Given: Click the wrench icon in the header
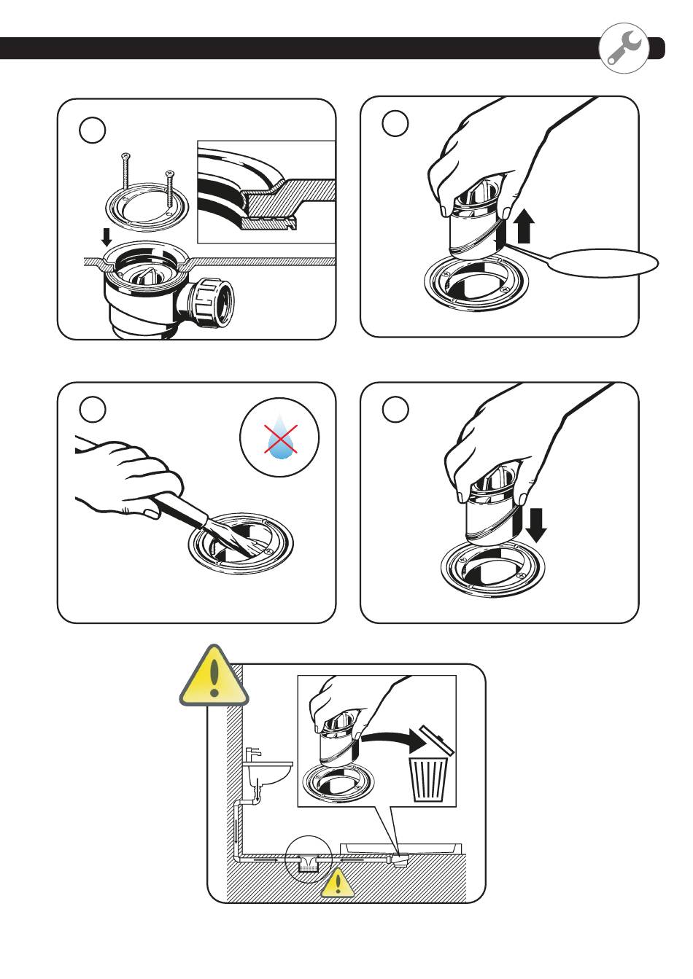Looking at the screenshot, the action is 624,47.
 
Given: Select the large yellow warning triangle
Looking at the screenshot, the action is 213,676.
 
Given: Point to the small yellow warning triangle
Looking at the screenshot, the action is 336,883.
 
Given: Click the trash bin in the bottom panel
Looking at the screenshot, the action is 430,777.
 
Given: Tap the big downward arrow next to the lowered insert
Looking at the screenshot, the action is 536,525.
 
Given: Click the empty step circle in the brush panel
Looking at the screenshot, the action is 93,409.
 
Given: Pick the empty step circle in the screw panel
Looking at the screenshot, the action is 93,130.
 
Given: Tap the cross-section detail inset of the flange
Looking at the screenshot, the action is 266,192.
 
